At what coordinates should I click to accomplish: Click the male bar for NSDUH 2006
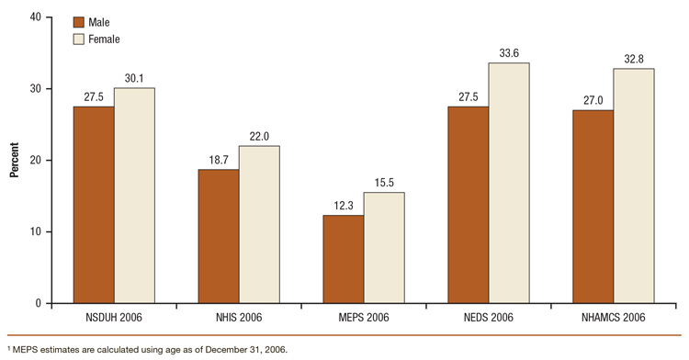(95, 205)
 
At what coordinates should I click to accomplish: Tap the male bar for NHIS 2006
(219, 236)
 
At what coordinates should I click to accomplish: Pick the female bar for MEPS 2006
(384, 247)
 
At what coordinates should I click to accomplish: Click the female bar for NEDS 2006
(509, 183)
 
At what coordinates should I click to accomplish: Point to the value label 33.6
(509, 52)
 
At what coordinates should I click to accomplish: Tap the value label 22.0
(259, 136)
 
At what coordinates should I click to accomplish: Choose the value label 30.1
(134, 78)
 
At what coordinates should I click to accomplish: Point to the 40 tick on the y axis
(34, 17)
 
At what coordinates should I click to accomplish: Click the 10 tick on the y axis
(34, 231)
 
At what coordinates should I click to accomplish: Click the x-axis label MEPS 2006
(364, 317)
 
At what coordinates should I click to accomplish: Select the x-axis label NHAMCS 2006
(614, 317)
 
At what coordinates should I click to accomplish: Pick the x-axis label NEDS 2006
(489, 317)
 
